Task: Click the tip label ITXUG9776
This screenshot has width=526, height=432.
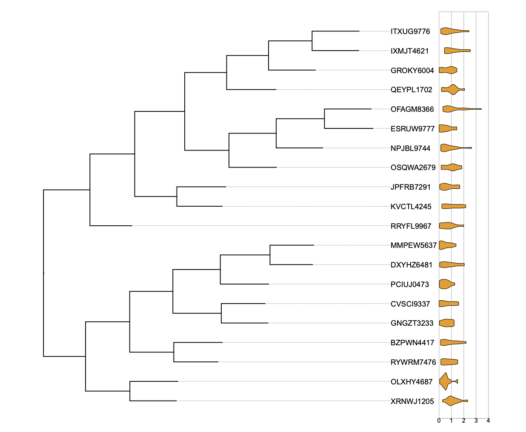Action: pyautogui.click(x=410, y=31)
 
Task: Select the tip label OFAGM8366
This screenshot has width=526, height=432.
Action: pyautogui.click(x=412, y=109)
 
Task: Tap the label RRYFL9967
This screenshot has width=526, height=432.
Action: pyautogui.click(x=411, y=226)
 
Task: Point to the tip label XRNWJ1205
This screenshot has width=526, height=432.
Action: pyautogui.click(x=412, y=401)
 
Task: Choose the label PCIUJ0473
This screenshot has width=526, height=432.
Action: pyautogui.click(x=409, y=284)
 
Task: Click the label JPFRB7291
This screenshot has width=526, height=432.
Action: pyautogui.click(x=410, y=187)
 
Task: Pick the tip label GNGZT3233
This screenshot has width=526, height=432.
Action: pyautogui.click(x=412, y=323)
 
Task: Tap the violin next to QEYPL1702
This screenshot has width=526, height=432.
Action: pyautogui.click(x=452, y=90)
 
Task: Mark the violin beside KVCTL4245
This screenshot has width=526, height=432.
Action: pyautogui.click(x=453, y=206)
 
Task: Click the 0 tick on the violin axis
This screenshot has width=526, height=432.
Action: pyautogui.click(x=439, y=421)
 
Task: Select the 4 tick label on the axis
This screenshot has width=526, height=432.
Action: pyautogui.click(x=488, y=421)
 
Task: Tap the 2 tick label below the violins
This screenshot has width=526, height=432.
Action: pyautogui.click(x=464, y=421)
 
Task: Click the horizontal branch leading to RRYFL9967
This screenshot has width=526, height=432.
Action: pyautogui.click(x=111, y=226)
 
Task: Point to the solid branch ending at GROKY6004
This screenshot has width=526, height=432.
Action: pyautogui.click(x=292, y=70)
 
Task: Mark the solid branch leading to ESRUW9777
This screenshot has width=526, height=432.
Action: pyautogui.click(x=349, y=128)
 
